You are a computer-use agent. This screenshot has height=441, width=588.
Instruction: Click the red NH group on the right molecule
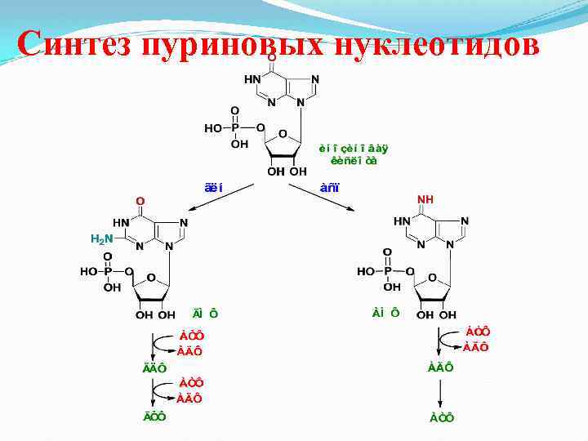pyautogui.click(x=425, y=199)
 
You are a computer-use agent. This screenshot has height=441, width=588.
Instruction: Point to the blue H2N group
pyautogui.click(x=100, y=239)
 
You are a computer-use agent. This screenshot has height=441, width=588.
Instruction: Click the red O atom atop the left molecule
pyautogui.click(x=140, y=200)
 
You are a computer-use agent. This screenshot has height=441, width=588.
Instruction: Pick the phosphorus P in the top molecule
pyautogui.click(x=235, y=128)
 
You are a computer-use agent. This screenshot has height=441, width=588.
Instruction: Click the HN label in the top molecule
pyautogui.click(x=253, y=80)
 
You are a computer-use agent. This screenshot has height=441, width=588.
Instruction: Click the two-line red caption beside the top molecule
pyautogui.click(x=353, y=154)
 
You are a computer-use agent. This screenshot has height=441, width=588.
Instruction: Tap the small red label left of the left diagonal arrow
pyautogui.click(x=213, y=188)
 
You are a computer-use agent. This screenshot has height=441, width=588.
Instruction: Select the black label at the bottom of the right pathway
pyautogui.click(x=442, y=417)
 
